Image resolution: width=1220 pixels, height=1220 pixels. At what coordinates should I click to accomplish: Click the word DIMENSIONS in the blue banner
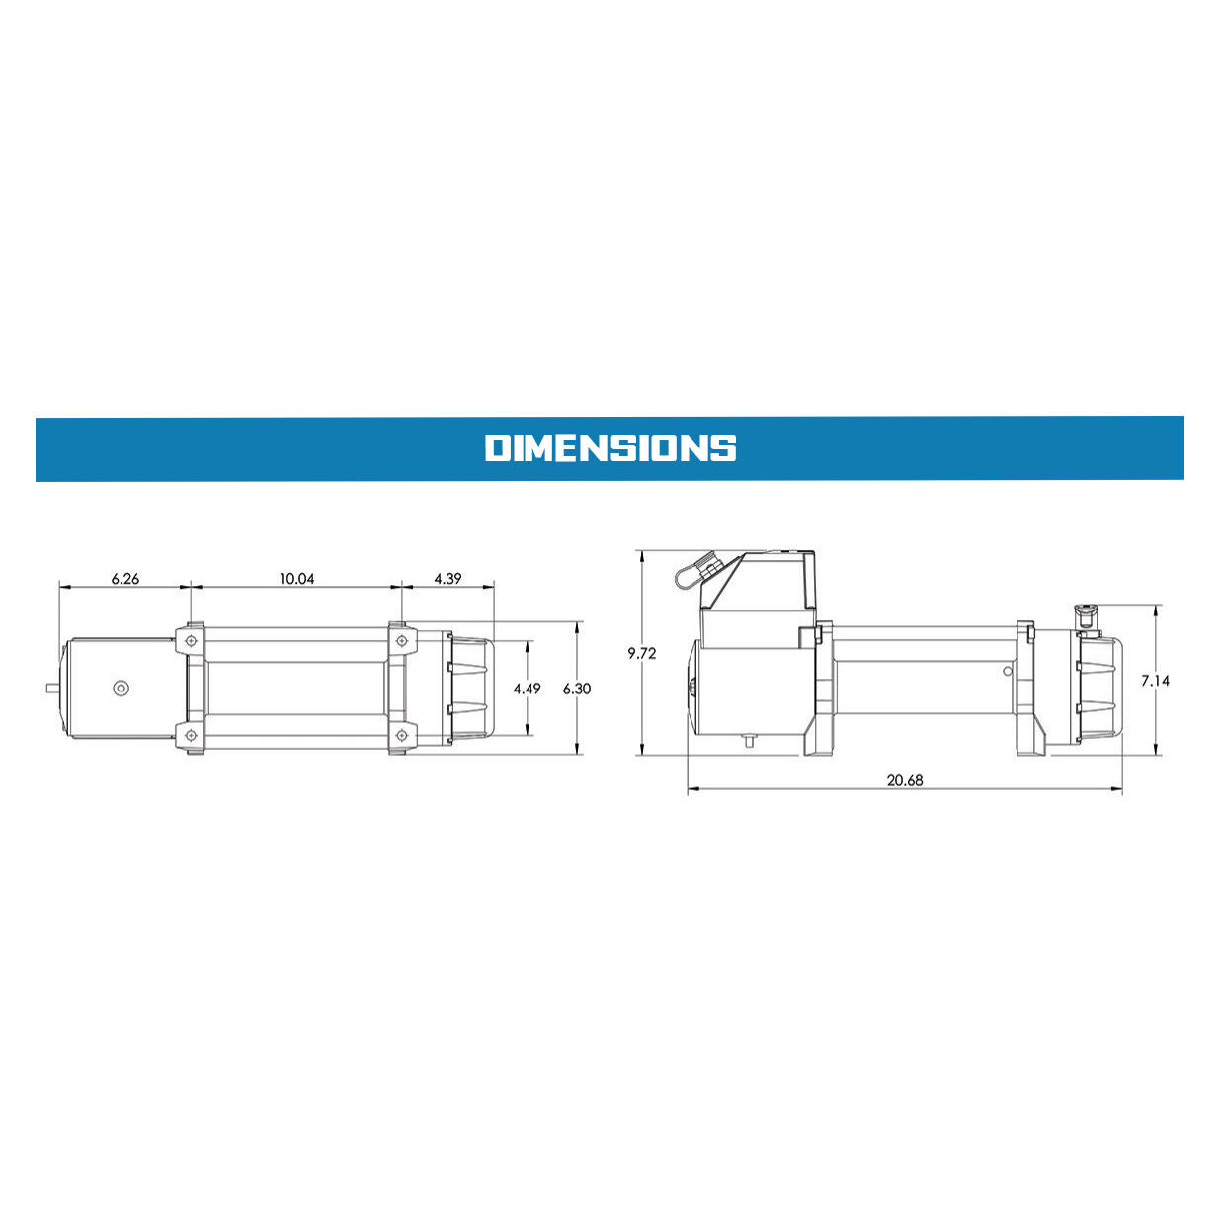610,447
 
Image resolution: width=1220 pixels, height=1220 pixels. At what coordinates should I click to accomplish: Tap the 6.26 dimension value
124,578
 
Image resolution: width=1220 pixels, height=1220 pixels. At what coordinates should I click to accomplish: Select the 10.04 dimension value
296,578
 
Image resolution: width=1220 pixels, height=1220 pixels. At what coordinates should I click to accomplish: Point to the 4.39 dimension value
447,578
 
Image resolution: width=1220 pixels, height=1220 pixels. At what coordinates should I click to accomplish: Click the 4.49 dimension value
527,689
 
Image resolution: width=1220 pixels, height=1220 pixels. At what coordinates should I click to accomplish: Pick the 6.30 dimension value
576,689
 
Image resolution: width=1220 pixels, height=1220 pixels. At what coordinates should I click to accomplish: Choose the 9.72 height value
642,653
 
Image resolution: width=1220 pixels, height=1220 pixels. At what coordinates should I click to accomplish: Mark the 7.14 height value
1155,680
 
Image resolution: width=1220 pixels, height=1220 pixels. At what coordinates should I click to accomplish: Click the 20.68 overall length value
905,780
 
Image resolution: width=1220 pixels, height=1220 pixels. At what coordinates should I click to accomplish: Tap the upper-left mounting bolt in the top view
192,641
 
